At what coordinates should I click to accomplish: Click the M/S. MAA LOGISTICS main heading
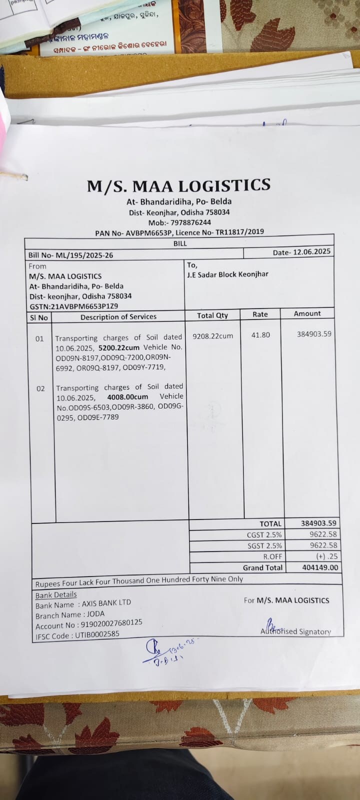coord(178,186)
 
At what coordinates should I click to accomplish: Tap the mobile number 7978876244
coord(190,222)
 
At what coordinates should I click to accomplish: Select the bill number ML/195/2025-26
coord(84,255)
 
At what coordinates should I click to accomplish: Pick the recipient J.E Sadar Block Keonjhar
coord(227,274)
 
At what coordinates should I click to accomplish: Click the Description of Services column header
coord(118,316)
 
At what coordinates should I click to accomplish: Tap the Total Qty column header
coord(212,315)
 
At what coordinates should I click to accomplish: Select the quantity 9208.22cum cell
coord(213,336)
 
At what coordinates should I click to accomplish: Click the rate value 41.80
coord(260,335)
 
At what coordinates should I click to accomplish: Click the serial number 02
coord(40,388)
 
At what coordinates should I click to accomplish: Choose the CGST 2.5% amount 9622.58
coord(323,534)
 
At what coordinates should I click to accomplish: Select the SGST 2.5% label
coord(264,545)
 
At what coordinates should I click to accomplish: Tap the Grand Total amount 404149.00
coord(320,567)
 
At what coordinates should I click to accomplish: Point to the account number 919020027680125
coord(111,623)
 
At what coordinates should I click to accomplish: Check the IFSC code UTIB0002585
coord(97,634)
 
